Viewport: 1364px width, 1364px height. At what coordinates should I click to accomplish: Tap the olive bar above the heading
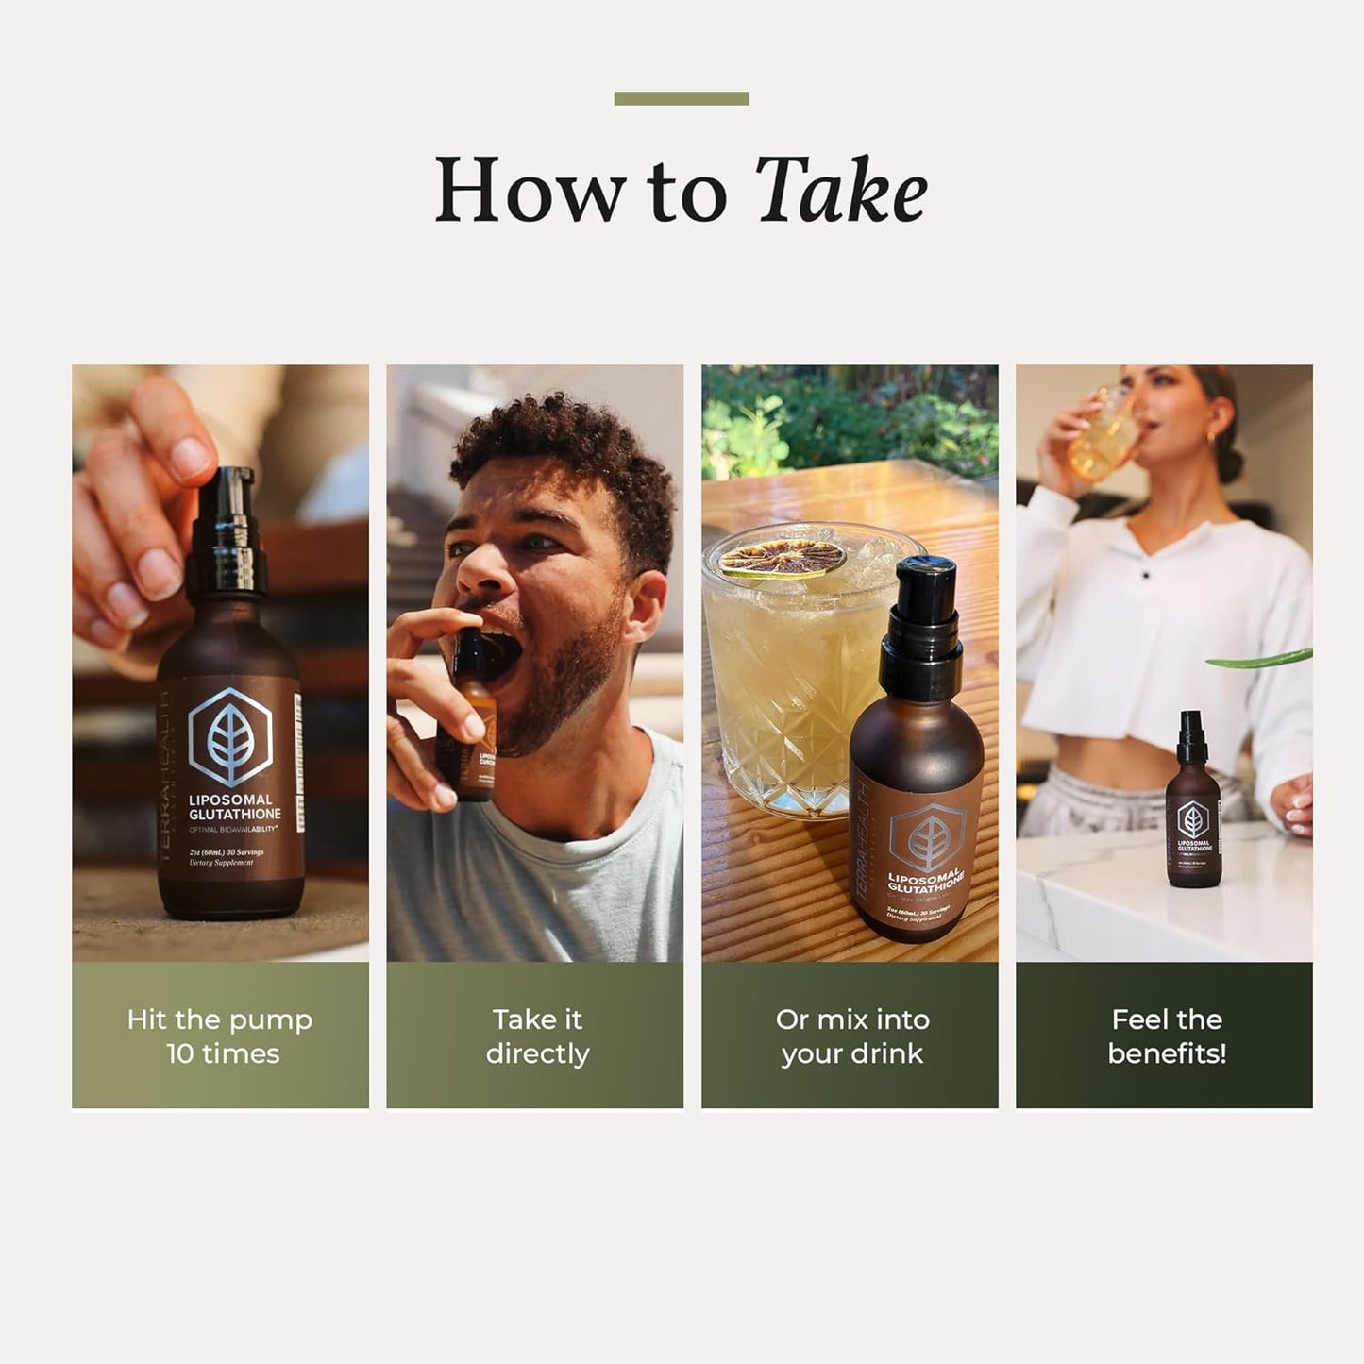pos(681,98)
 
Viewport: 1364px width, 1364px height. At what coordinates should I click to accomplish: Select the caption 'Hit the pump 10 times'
pos(220,1036)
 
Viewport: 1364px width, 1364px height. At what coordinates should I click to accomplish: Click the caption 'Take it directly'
pos(536,1036)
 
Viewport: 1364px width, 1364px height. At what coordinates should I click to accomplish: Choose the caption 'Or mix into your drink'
pos(850,1036)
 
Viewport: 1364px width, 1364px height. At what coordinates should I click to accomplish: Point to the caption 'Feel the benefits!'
pos(1166,1036)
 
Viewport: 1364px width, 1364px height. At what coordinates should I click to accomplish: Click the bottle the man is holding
pos(471,717)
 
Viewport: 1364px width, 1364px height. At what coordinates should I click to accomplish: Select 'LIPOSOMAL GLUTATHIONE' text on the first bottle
pos(234,806)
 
